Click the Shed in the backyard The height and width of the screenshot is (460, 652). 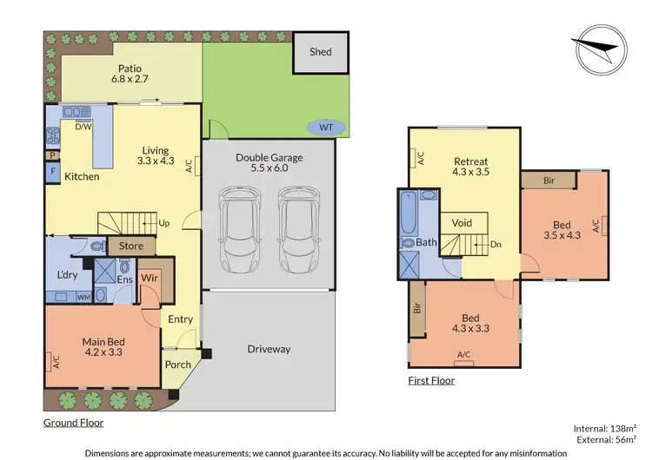pos(321,52)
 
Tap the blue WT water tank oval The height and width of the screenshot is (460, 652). pos(326,128)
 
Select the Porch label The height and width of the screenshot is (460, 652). pos(178,364)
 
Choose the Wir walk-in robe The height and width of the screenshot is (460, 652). pos(149,278)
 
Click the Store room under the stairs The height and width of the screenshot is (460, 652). pos(130,246)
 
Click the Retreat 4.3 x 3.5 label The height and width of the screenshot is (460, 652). pos(470,168)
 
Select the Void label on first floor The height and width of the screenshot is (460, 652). pos(462,223)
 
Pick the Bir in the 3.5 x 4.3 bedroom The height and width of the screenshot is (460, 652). pos(549,180)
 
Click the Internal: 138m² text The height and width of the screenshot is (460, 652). pos(606,429)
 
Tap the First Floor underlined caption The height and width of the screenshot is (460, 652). pos(431,380)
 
